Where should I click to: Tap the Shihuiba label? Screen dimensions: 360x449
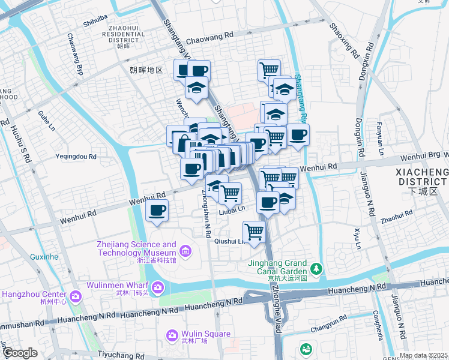click(x=95, y=18)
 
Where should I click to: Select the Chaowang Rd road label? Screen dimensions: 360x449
click(x=209, y=37)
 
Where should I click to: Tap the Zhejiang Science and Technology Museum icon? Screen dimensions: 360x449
click(x=185, y=250)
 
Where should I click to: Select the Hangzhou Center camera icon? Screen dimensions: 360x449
click(x=75, y=296)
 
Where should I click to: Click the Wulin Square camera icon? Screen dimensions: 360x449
click(x=172, y=335)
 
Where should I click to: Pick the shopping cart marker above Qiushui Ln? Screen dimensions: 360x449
click(x=255, y=231)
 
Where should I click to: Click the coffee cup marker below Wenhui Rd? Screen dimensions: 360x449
click(x=157, y=211)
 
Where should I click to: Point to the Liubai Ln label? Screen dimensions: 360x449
click(x=232, y=209)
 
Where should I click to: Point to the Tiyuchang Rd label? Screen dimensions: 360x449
click(x=119, y=355)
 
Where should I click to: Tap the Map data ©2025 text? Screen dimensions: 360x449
click(x=423, y=355)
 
